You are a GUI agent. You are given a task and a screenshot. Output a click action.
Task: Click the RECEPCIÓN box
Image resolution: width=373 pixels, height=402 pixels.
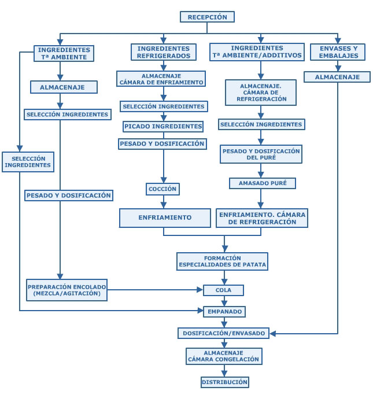[207, 17]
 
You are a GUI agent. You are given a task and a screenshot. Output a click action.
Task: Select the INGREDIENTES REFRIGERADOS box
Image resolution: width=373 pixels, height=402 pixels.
[164, 52]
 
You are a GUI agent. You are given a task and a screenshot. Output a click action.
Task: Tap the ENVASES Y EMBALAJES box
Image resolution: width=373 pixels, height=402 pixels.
[338, 52]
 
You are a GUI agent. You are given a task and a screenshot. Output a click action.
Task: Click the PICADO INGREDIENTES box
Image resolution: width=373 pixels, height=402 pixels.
[163, 127]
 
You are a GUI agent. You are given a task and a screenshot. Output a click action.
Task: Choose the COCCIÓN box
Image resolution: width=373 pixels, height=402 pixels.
[163, 189]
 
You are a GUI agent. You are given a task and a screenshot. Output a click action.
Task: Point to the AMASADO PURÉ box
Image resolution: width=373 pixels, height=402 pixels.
[263, 183]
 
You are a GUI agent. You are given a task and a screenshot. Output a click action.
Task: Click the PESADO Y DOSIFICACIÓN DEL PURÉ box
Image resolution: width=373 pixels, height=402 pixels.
[261, 154]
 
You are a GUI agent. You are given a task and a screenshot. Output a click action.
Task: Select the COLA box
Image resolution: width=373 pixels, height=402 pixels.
[223, 290]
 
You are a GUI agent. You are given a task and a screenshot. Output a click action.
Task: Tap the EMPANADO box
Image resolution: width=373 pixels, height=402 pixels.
[224, 312]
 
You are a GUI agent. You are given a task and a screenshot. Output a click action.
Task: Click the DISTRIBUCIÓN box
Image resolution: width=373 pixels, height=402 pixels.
[224, 382]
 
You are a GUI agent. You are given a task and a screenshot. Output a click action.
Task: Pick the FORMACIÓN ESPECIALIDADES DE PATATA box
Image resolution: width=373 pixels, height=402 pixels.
[222, 261]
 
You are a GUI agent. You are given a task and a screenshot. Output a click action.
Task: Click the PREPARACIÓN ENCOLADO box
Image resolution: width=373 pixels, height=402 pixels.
[67, 290]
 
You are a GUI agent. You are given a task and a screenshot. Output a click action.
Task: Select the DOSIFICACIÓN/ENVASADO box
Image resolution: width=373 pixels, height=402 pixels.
[224, 333]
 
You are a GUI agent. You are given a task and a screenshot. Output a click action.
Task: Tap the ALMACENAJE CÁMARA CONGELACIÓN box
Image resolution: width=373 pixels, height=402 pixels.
[224, 356]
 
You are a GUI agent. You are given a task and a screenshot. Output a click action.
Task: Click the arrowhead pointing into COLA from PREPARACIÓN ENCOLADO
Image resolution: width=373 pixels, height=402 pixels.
[200, 290]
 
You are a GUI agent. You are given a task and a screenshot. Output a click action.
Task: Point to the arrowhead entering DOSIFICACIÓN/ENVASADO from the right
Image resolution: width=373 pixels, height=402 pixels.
[273, 334]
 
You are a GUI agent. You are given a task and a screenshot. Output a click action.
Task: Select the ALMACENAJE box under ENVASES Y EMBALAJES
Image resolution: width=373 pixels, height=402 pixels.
[337, 77]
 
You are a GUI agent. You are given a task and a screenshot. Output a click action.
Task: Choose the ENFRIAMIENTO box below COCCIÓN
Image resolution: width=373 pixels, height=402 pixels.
[165, 218]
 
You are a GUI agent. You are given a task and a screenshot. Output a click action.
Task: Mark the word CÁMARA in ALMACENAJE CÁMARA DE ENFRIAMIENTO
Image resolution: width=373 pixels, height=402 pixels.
[131, 83]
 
